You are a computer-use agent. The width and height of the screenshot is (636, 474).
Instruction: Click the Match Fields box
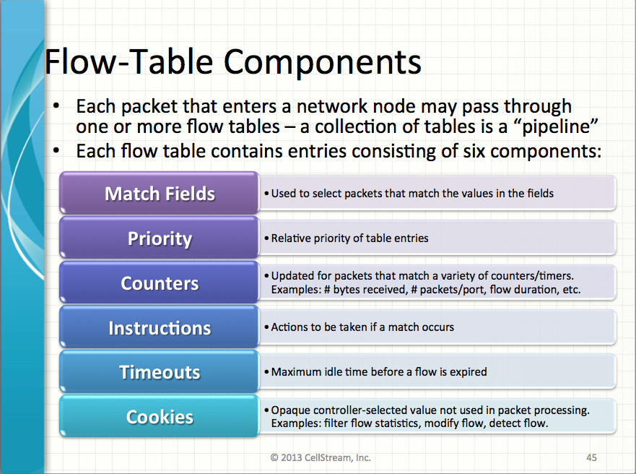[x=160, y=194]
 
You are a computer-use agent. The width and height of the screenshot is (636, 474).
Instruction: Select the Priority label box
[x=160, y=238]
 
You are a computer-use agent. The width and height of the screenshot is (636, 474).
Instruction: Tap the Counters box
[x=160, y=283]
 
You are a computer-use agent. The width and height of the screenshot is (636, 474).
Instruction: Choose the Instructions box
[x=160, y=328]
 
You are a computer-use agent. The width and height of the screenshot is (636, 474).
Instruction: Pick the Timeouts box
[x=160, y=372]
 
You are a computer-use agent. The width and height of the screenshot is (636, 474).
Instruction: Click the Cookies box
[x=160, y=417]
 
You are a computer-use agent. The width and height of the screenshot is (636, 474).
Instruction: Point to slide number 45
[x=591, y=457]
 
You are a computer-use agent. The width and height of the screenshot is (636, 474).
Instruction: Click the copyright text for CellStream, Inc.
[x=321, y=457]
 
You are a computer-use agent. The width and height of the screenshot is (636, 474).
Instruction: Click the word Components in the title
[x=322, y=62]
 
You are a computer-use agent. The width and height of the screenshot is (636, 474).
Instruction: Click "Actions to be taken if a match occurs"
[x=362, y=327]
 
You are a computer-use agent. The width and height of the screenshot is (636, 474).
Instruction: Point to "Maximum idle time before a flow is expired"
[x=379, y=372]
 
